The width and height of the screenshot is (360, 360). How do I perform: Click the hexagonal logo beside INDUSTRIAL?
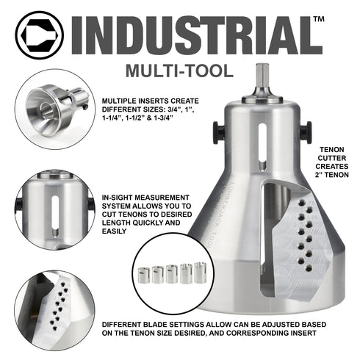[x=40, y=35]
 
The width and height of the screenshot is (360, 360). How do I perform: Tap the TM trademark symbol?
[x=319, y=19]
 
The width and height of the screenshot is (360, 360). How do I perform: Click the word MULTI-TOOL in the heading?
[x=179, y=71]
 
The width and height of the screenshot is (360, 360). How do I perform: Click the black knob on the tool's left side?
[x=219, y=132]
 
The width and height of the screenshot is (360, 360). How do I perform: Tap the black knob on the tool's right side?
[x=306, y=132]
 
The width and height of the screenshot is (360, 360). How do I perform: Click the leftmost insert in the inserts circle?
[x=144, y=276]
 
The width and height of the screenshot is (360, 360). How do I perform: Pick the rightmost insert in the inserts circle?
[x=201, y=272]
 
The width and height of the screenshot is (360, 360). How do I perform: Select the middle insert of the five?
[x=172, y=274]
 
